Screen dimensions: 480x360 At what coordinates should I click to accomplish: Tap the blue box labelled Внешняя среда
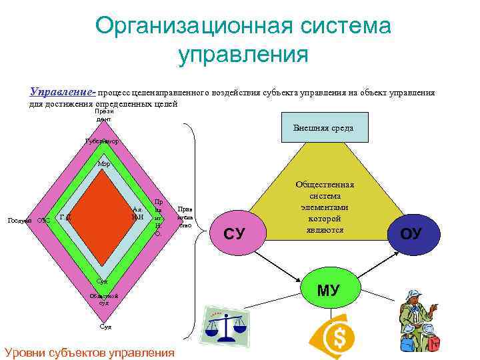tap(327, 128)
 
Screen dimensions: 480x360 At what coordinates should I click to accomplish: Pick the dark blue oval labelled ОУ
tap(411, 233)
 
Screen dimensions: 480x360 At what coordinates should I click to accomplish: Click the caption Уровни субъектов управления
tap(89, 351)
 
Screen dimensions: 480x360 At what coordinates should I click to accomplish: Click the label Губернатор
tap(102, 141)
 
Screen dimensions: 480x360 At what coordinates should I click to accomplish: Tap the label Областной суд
tap(104, 298)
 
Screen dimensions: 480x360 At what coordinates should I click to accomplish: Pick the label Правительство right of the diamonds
tap(185, 217)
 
